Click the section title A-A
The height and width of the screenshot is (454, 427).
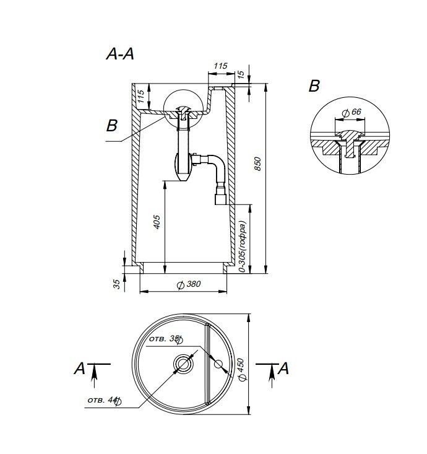pyautogui.click(x=120, y=54)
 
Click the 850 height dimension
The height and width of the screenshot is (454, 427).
pyautogui.click(x=257, y=164)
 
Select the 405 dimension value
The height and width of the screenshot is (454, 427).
pyautogui.click(x=157, y=222)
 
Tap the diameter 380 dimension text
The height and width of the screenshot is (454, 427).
pyautogui.click(x=189, y=284)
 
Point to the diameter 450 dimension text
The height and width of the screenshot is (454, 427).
pyautogui.click(x=242, y=369)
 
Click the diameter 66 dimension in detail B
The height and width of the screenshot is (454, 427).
pyautogui.click(x=352, y=112)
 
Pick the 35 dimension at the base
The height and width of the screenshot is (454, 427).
pyautogui.click(x=116, y=284)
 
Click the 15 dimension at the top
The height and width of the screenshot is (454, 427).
pyautogui.click(x=241, y=74)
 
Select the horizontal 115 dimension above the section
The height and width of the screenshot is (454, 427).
pyautogui.click(x=220, y=66)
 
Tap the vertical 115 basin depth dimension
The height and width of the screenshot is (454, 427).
pyautogui.click(x=140, y=97)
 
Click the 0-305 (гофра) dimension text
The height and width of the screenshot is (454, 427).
pyautogui.click(x=243, y=247)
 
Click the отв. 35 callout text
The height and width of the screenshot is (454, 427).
pyautogui.click(x=165, y=339)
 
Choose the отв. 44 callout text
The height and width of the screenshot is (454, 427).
pyautogui.click(x=104, y=401)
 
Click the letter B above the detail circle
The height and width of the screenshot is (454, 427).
pyautogui.click(x=314, y=86)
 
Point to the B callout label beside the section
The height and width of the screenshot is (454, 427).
pyautogui.click(x=112, y=126)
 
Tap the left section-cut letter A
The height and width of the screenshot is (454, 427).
pyautogui.click(x=80, y=369)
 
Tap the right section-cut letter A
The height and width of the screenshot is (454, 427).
pyautogui.click(x=283, y=369)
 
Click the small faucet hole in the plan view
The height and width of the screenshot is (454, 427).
pyautogui.click(x=218, y=364)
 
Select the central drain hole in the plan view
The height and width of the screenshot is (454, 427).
pyautogui.click(x=183, y=364)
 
